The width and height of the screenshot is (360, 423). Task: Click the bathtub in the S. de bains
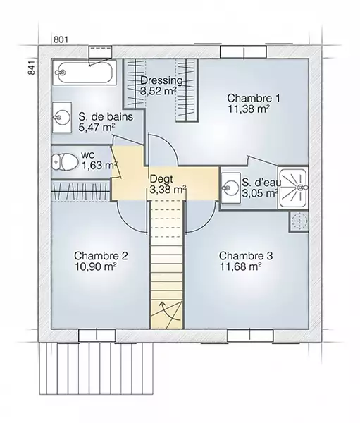tap(84, 73)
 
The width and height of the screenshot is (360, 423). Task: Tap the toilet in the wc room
tap(64, 161)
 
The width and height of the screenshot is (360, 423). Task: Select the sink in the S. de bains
tap(62, 117)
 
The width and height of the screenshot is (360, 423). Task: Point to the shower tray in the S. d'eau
tap(293, 188)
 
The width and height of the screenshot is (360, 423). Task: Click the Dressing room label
tap(161, 80)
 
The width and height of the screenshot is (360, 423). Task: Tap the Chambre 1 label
tap(254, 98)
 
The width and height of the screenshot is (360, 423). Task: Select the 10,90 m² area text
tap(96, 266)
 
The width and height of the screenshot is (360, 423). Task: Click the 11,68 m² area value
tap(240, 266)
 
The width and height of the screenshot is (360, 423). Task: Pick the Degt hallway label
tap(161, 179)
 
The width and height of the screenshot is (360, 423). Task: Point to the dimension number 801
tap(61, 39)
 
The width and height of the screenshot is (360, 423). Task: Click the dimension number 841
tap(32, 68)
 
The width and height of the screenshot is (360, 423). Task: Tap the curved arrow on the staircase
tap(168, 310)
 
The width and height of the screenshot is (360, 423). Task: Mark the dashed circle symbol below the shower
tap(299, 221)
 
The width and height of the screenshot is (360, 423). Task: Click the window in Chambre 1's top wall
tap(243, 52)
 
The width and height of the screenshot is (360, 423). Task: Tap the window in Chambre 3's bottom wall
tap(250, 336)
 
